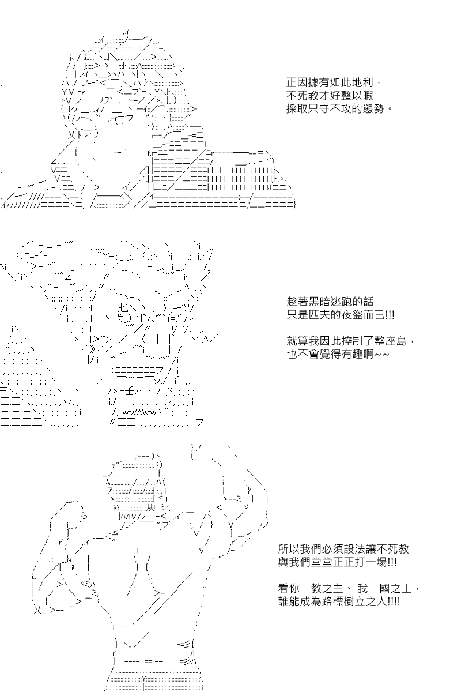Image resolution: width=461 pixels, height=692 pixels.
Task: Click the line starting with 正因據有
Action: [334, 83]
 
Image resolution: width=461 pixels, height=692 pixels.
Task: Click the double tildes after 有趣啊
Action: [381, 355]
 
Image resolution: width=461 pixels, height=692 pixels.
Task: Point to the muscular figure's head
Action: [136, 488]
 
